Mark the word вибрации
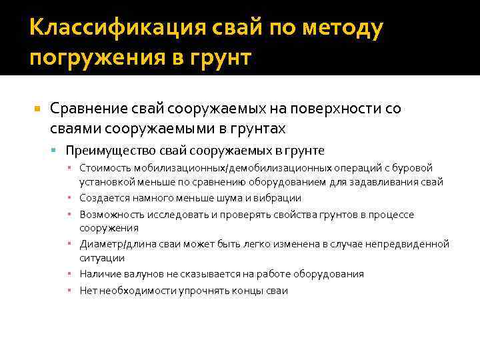click(x=278, y=198)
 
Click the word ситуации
click(x=102, y=258)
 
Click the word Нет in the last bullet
click(x=88, y=291)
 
